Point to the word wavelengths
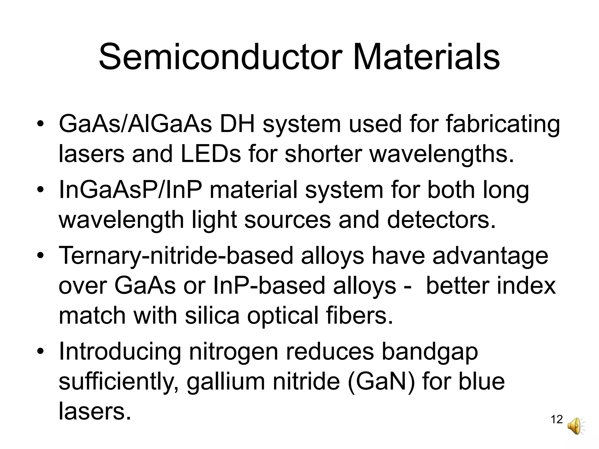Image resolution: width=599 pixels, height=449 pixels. point(442,155)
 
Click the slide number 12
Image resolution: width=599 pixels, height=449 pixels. point(557,419)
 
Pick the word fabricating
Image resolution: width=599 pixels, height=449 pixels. point(503,124)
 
